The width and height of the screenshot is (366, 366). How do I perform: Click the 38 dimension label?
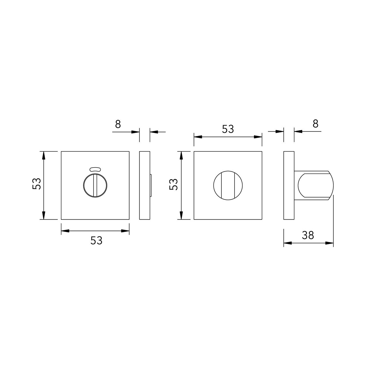click(308, 235)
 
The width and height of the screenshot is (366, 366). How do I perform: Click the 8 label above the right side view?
click(315, 124)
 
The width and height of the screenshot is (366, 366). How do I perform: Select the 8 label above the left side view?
click(118, 124)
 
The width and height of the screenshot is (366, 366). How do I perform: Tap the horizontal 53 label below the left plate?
click(96, 241)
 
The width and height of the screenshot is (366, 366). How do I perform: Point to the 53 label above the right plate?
click(228, 129)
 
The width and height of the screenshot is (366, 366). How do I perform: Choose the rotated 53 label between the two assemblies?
click(174, 184)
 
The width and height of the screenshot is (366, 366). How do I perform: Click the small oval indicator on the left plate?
click(95, 170)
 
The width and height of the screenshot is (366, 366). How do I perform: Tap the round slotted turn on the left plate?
click(95, 186)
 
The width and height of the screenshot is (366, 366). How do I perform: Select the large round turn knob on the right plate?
click(228, 185)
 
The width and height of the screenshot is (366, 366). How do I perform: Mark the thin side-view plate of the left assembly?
click(144, 185)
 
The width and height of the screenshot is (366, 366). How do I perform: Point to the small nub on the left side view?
click(151, 186)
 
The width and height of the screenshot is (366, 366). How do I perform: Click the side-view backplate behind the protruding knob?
click(289, 185)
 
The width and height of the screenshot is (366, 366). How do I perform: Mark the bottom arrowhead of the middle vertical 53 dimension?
click(181, 216)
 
